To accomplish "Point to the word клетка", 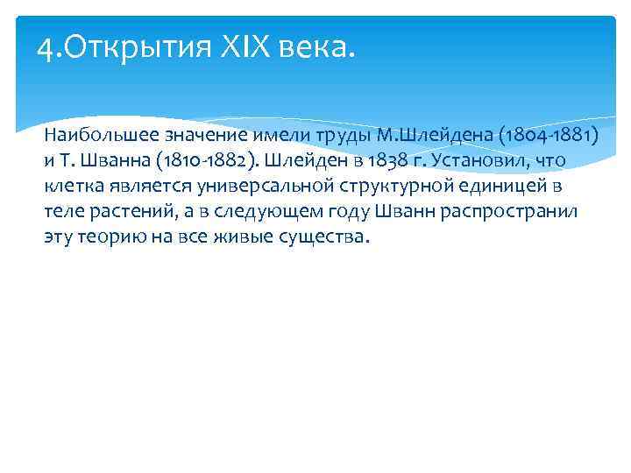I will click(73, 187).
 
